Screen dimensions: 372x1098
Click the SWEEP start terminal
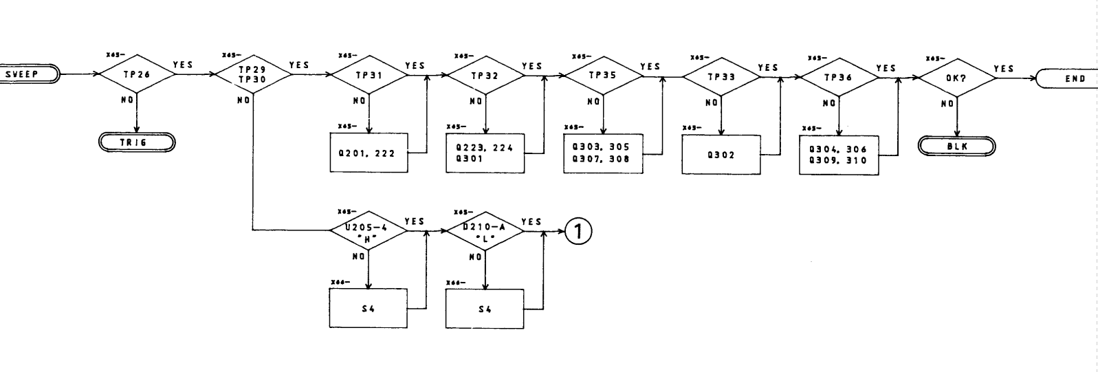coord(29,73)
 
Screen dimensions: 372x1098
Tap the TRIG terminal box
coord(137,143)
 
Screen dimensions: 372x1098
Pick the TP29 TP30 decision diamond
coord(253,74)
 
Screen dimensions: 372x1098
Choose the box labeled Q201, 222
coord(369,153)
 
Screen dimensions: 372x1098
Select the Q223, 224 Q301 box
coord(485,153)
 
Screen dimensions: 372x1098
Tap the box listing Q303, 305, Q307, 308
coord(602,153)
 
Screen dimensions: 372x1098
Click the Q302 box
coord(721,155)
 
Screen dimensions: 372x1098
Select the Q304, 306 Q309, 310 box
coord(839,155)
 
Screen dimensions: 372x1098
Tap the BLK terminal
coord(956,146)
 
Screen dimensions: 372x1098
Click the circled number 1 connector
coord(578,232)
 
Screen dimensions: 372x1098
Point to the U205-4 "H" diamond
coord(369,232)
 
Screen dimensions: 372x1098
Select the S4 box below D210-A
coord(485,309)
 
